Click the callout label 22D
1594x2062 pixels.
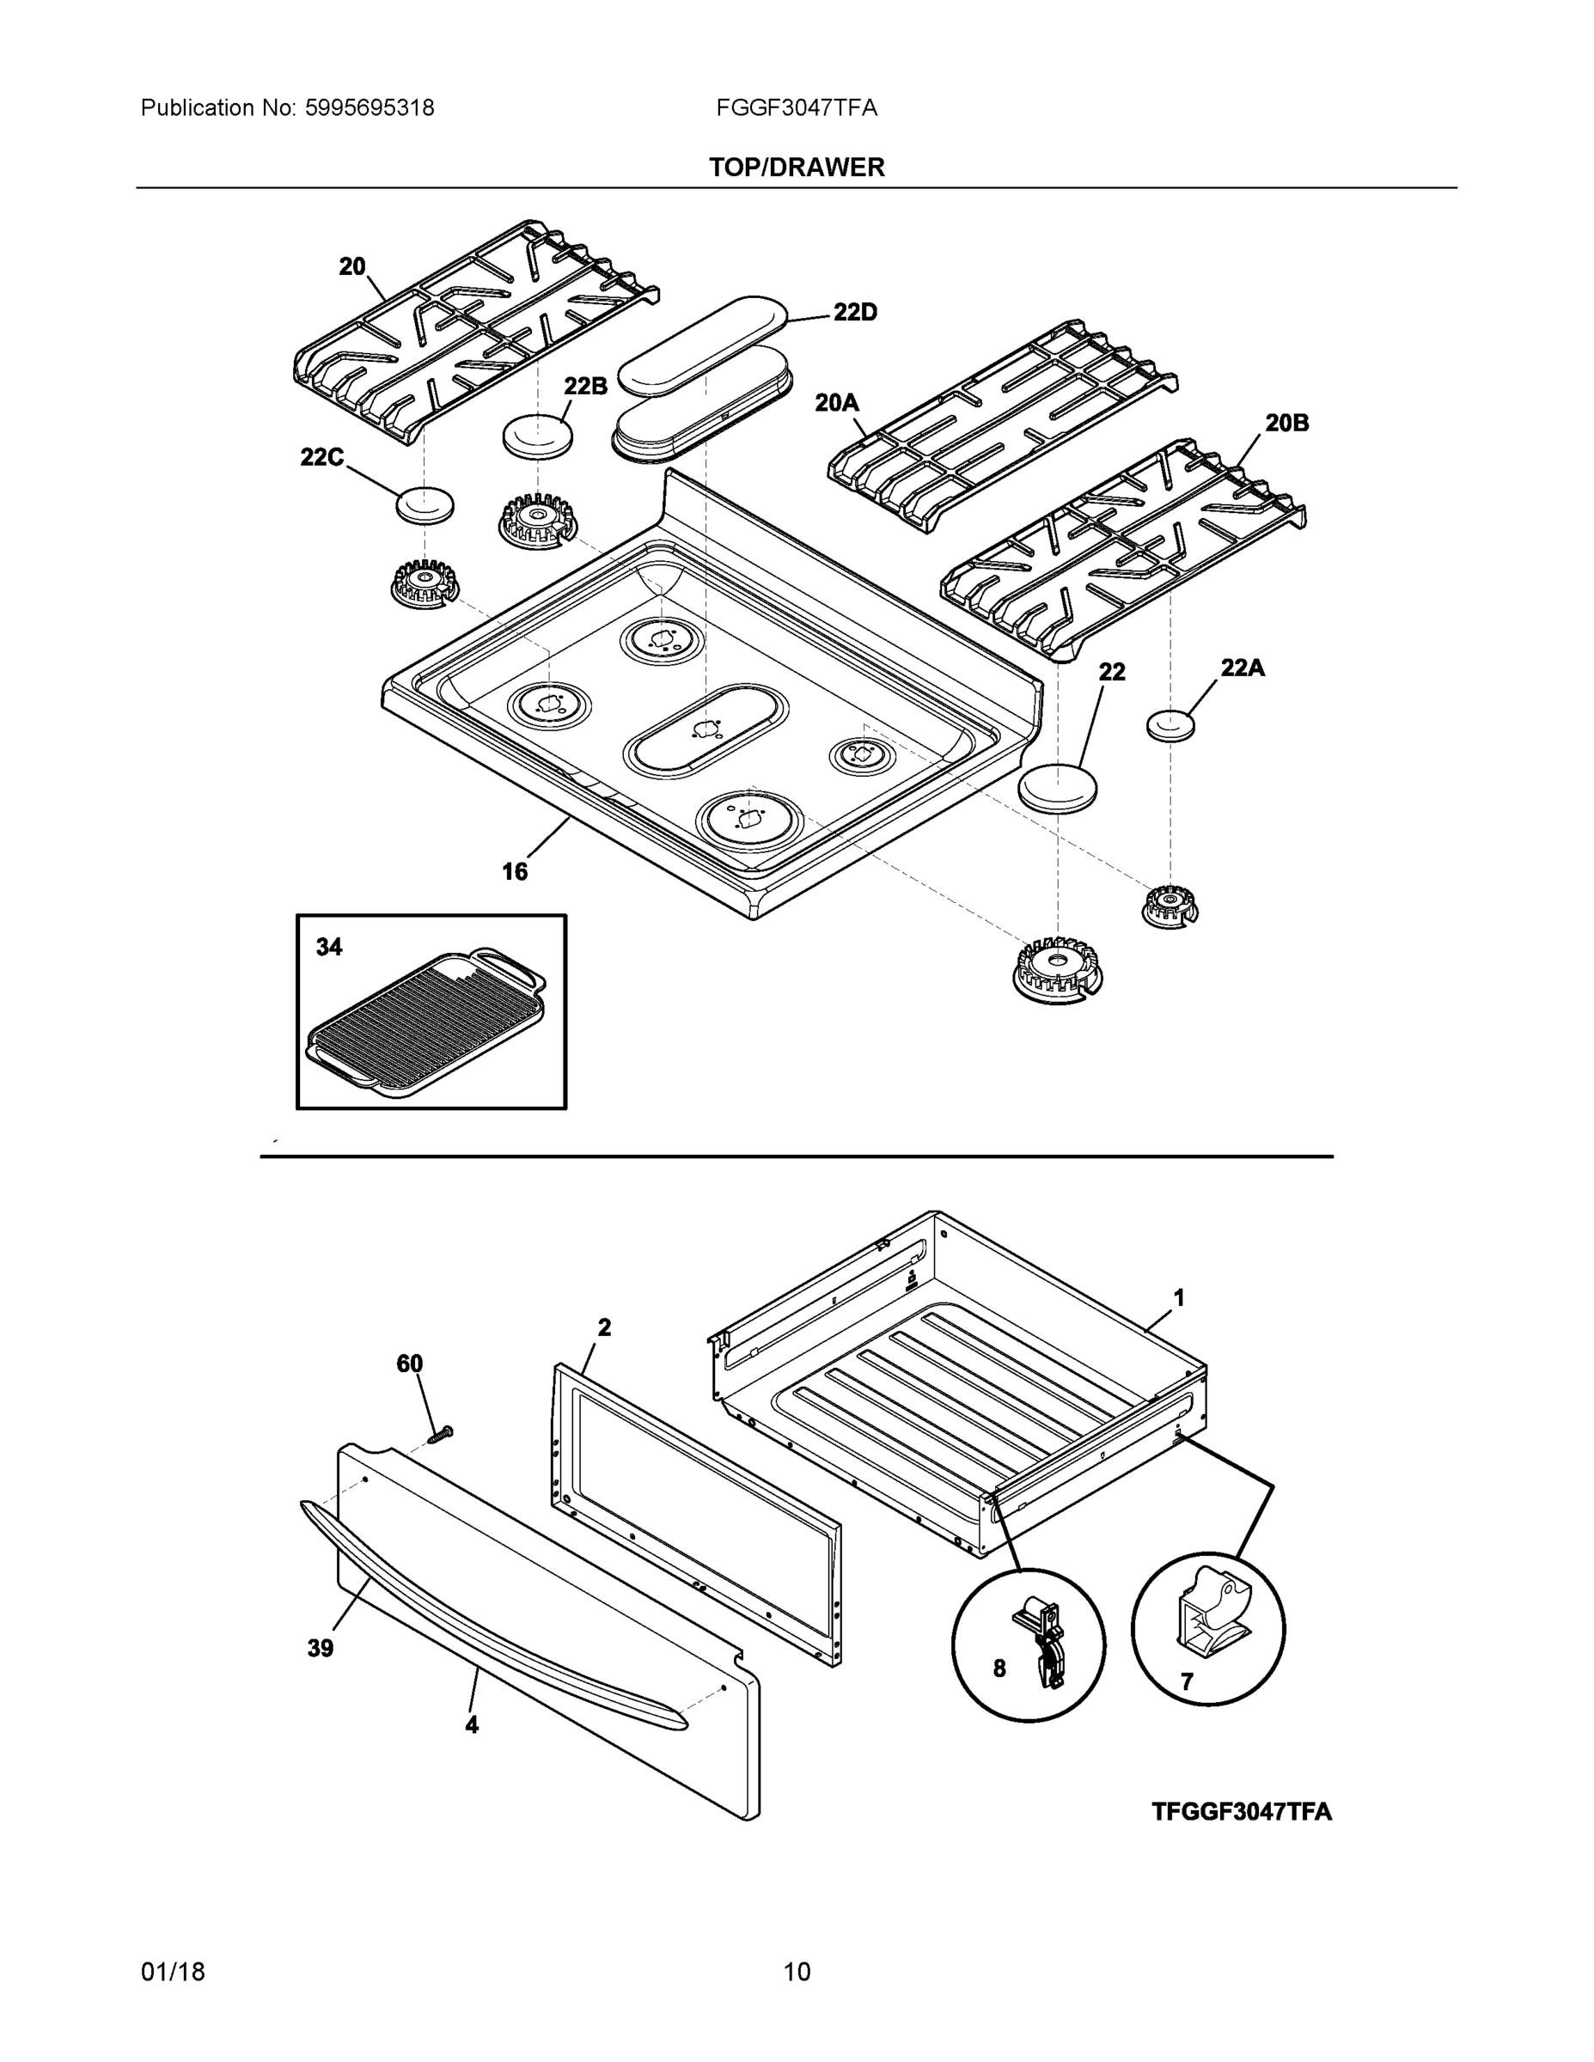855,313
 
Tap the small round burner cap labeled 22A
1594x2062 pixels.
1170,726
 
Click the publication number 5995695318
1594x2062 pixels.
369,108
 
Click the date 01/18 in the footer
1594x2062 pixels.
173,1972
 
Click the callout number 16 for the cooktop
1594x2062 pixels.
515,871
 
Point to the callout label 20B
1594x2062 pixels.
1286,423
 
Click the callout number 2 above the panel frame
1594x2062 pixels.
604,1327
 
